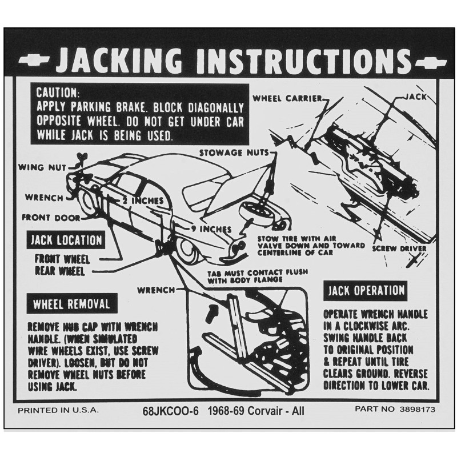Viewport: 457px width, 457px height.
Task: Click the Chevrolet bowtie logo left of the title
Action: tap(35, 60)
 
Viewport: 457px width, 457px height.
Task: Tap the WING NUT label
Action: tap(42, 167)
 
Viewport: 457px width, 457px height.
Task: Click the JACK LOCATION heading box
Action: tap(67, 240)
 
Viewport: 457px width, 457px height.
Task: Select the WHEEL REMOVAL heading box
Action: tap(71, 303)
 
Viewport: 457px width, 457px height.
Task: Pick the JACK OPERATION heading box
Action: tap(365, 290)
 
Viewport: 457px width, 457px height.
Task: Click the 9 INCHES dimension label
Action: tap(211, 229)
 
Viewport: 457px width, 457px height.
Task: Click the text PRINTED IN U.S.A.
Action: tap(58, 410)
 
